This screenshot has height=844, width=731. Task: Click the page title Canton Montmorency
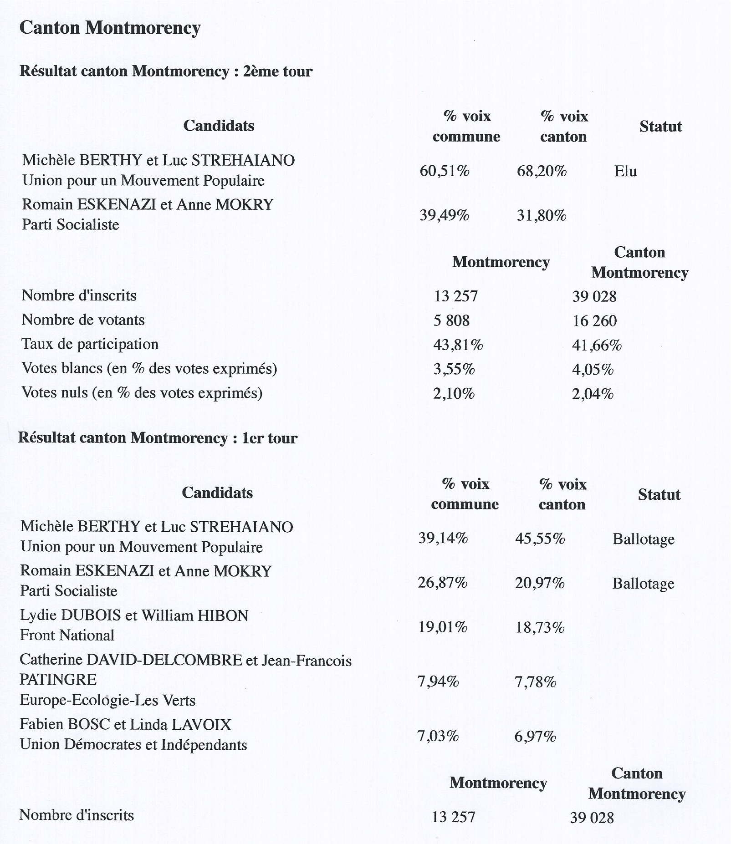(x=110, y=28)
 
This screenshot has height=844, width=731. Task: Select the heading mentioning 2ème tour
(x=166, y=71)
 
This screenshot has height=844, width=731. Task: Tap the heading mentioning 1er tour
(x=158, y=438)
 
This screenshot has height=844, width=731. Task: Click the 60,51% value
(x=444, y=171)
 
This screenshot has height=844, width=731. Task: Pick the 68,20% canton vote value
(x=542, y=172)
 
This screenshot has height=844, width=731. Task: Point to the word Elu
(x=625, y=172)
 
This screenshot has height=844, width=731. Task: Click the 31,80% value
(x=541, y=215)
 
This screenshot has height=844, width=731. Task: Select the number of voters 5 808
(x=451, y=320)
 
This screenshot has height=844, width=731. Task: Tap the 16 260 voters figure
(x=594, y=321)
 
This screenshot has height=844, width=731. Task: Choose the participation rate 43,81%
(x=458, y=345)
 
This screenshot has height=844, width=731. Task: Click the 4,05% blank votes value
(x=593, y=369)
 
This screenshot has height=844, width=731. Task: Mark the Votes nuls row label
(x=142, y=392)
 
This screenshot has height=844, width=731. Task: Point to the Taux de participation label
(x=90, y=344)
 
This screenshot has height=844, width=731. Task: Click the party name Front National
(x=67, y=635)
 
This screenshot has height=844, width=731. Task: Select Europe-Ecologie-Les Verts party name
(x=107, y=700)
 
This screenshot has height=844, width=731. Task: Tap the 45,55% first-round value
(x=540, y=539)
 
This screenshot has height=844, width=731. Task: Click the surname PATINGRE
(x=58, y=680)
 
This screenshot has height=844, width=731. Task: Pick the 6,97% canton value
(x=535, y=736)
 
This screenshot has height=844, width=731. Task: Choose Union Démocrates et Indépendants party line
(x=133, y=744)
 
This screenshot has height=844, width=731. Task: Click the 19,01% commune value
(x=443, y=627)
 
